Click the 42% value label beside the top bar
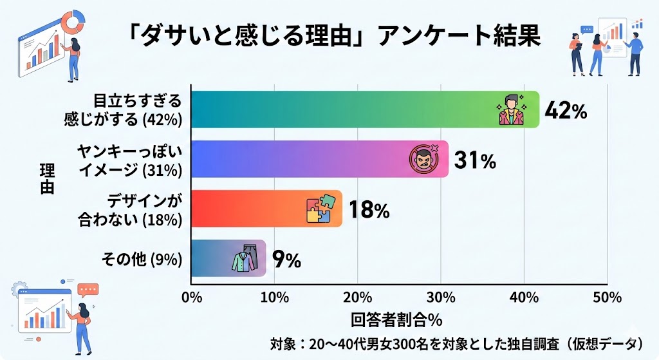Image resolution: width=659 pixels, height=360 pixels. tap(566, 111)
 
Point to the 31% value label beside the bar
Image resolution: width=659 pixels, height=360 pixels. tap(474, 160)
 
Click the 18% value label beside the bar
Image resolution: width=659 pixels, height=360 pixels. tap(369, 210)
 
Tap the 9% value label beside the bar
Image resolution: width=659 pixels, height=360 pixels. tap(286, 259)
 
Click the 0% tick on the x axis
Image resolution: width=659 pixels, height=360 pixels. tap(192, 298)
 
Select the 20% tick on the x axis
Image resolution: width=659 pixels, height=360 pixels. tap(358, 298)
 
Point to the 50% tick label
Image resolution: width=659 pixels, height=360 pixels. tap(606, 298)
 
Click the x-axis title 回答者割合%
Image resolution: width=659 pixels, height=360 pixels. tap(397, 319)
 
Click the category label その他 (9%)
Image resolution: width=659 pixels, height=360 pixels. tap(142, 260)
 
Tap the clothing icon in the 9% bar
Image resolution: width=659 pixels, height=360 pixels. tap(245, 258)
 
